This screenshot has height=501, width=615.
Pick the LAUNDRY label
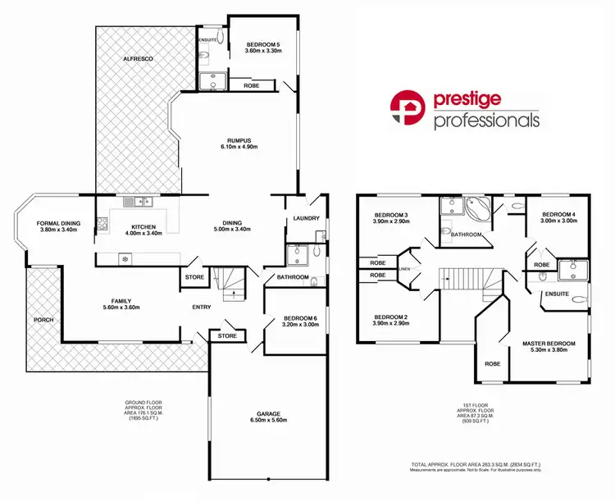click(x=306, y=218)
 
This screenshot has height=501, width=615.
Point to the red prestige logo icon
click(x=406, y=108)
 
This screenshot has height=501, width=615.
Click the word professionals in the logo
click(x=486, y=121)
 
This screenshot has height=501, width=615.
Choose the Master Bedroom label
click(x=549, y=344)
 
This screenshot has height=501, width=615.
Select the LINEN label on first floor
click(x=403, y=267)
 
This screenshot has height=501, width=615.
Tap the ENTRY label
click(x=202, y=307)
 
